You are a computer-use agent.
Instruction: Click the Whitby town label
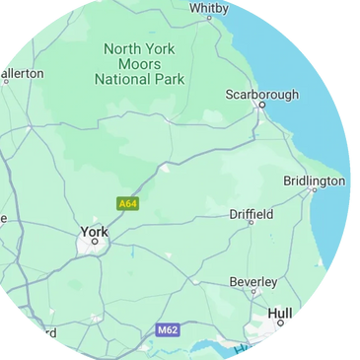coord(208,8)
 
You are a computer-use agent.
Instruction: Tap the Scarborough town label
coord(261,94)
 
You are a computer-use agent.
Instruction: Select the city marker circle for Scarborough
coord(261,105)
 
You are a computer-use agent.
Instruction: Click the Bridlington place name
coord(314,181)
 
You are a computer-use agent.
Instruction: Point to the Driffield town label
coord(251,214)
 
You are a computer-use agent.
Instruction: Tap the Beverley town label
coord(253,281)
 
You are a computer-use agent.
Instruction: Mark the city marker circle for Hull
coord(280,323)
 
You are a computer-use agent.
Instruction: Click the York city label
coord(94,232)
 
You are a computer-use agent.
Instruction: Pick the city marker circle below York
coord(95,242)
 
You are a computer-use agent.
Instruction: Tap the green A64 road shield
coord(126,203)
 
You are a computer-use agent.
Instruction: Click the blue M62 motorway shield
coord(167,332)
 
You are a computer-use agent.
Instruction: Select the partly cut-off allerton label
coord(22,73)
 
